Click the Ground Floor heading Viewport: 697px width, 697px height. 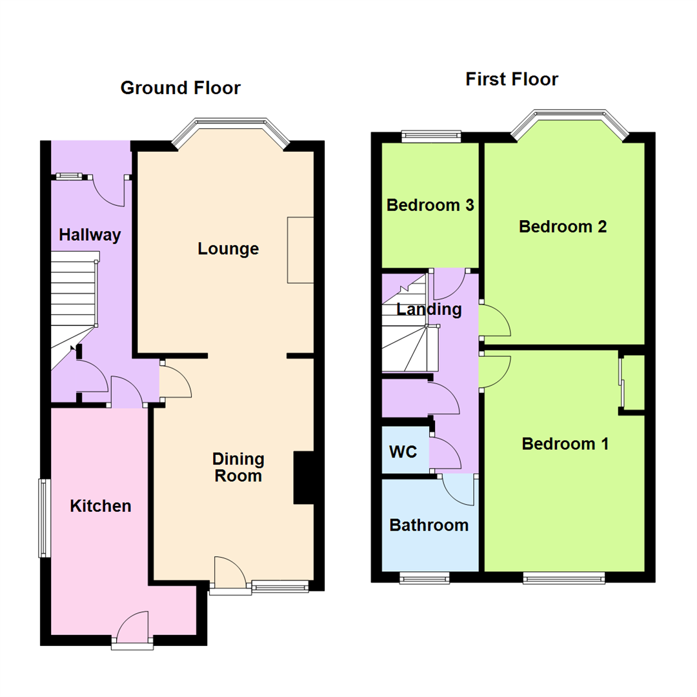[180, 88]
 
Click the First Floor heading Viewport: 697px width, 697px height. [512, 79]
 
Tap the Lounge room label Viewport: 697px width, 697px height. [228, 248]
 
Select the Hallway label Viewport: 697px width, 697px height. [90, 235]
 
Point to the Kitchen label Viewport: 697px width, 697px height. [101, 506]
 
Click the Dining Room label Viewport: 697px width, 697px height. [238, 468]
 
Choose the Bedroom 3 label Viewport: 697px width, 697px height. [430, 205]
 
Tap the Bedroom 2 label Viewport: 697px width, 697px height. [563, 227]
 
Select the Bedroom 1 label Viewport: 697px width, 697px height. [565, 444]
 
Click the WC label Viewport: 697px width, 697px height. [403, 451]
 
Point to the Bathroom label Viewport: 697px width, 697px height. [429, 525]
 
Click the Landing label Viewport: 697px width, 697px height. [429, 309]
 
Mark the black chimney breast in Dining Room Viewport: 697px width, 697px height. [303, 477]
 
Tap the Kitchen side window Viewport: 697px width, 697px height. [43, 518]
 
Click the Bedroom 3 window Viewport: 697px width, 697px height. [430, 136]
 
